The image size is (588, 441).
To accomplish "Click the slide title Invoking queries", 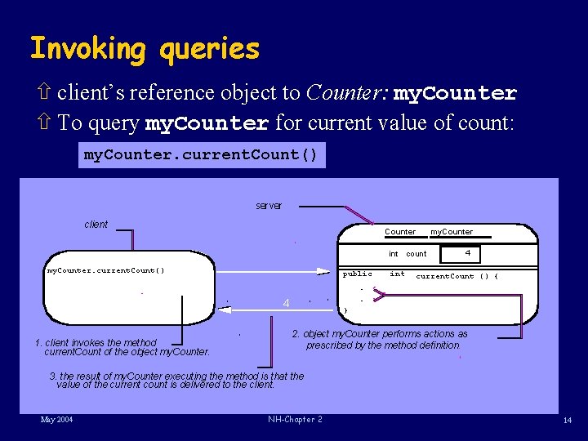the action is (x=145, y=50).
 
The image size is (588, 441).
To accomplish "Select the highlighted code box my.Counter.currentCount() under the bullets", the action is (x=201, y=154).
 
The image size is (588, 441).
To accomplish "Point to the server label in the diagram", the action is (x=269, y=206).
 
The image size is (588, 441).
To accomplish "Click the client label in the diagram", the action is (x=96, y=225).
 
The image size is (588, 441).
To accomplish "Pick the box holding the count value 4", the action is (x=467, y=253).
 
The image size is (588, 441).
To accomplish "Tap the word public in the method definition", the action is (x=357, y=274).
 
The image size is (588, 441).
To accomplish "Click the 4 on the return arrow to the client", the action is (x=286, y=304).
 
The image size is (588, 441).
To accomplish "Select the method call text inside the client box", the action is (x=106, y=270).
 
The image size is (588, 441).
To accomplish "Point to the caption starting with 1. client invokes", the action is (x=122, y=347).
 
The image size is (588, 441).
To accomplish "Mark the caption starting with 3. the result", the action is (x=176, y=381).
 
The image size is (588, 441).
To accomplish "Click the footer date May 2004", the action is (x=56, y=420).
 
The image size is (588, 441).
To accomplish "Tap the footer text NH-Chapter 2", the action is (x=295, y=420).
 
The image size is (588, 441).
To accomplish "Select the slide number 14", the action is (x=567, y=420).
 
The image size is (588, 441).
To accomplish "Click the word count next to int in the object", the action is (x=416, y=254).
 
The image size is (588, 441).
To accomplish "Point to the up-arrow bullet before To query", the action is (x=45, y=123).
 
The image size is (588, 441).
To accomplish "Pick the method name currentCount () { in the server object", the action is (x=457, y=276).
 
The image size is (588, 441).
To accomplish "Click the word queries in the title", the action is (x=210, y=50).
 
